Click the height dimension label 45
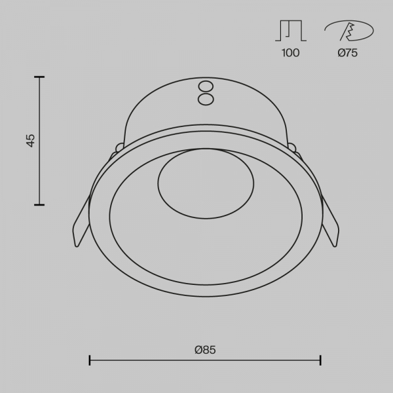(x=31, y=141)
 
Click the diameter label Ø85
(x=205, y=350)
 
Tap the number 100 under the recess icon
(x=290, y=53)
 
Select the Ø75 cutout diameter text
(x=347, y=53)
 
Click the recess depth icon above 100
(x=291, y=30)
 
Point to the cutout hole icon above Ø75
(x=349, y=31)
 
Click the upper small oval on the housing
(x=206, y=86)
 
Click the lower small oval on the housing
(x=206, y=100)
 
